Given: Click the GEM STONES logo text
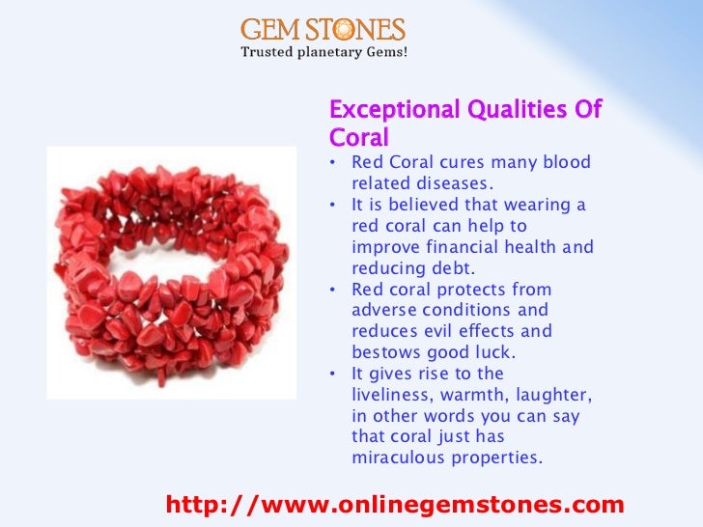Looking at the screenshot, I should tap(323, 29).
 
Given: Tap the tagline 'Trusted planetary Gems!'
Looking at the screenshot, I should tap(323, 51).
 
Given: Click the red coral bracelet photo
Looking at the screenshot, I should tap(172, 273).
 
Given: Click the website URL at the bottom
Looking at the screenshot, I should tap(395, 505).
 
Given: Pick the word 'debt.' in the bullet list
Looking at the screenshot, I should tap(458, 268).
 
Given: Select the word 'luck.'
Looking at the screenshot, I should tap(498, 353).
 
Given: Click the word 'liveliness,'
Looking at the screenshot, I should tap(399, 396).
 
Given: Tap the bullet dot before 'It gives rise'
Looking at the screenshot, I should tap(332, 374).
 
